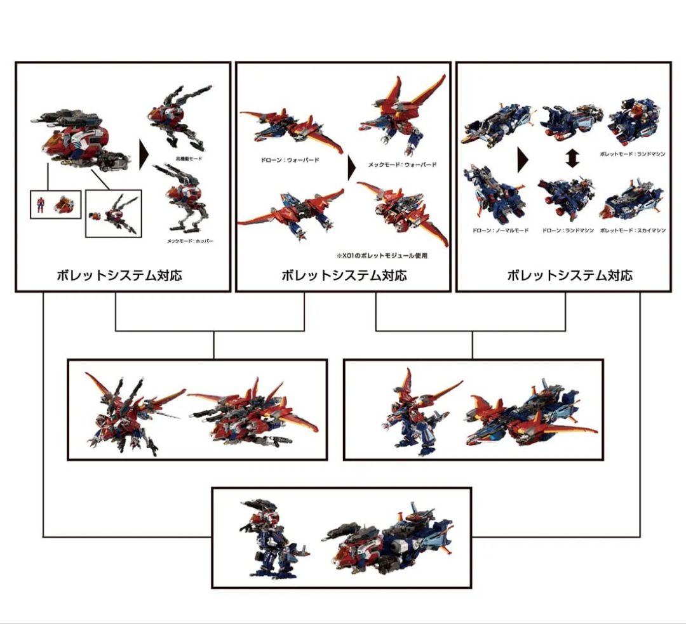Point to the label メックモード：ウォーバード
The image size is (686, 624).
tap(402, 165)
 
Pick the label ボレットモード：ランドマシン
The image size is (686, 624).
tap(633, 154)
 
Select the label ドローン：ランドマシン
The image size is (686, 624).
tap(567, 230)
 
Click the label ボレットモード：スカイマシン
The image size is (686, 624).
tap(633, 230)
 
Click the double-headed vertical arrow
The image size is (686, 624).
tap(572, 158)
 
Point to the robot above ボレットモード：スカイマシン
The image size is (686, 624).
tap(631, 200)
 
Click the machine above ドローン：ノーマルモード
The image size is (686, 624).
tap(496, 194)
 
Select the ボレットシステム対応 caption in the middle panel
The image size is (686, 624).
tap(344, 275)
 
